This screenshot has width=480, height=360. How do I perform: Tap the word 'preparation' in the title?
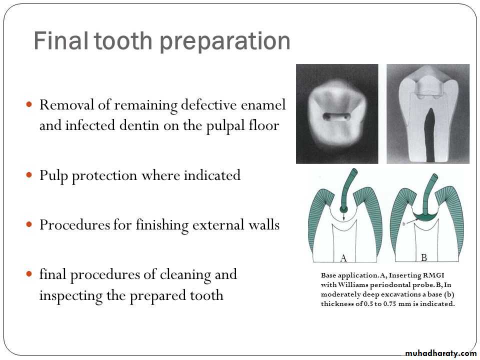tap(225, 42)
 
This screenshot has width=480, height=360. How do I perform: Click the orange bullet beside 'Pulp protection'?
tap(29, 175)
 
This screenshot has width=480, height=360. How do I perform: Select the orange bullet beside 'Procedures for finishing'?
tap(29, 224)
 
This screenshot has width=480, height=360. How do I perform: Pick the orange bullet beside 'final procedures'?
tap(29, 273)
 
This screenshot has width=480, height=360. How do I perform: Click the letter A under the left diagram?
tap(343, 258)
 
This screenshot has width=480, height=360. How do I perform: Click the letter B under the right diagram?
tap(424, 257)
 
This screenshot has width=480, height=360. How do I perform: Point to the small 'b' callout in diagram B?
tap(404, 224)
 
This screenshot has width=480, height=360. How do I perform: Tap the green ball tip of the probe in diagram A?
tap(344, 209)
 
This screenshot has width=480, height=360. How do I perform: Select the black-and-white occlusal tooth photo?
tap(337, 114)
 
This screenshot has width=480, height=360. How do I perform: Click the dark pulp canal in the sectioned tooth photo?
tap(430, 134)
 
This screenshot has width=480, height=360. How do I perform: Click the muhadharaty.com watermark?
tap(440, 353)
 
